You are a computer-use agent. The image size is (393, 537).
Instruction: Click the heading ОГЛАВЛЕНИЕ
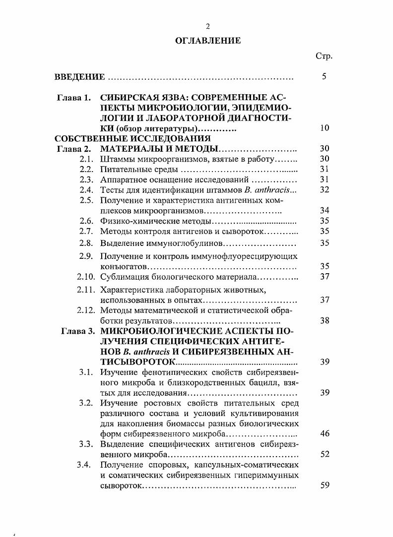208,41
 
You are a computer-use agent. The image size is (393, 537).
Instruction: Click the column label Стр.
324,57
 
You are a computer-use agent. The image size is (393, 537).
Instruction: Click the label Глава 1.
74,97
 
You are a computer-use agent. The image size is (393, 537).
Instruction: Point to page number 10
325,128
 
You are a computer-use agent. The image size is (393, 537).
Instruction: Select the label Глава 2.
74,149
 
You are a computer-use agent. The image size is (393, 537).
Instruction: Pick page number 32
325,190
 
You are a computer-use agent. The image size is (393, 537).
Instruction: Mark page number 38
325,321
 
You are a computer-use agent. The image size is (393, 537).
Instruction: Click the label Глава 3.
78,331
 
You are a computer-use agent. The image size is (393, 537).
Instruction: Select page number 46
325,434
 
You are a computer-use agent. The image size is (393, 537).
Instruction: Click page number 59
325,485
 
